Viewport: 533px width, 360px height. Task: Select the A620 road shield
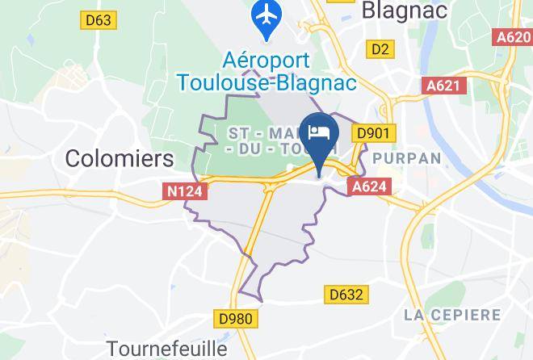point(514,37)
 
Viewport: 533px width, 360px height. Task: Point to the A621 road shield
point(443,85)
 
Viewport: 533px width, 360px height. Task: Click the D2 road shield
point(380,50)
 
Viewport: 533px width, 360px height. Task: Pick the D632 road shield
point(345,295)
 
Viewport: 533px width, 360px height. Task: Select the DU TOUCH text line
point(266,150)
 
